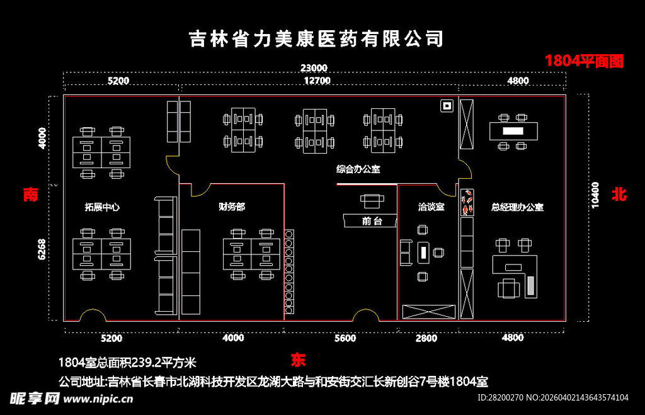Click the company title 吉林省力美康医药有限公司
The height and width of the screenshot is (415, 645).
coord(317,39)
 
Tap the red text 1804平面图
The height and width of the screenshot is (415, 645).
coord(584,61)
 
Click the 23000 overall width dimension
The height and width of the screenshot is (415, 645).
coord(313,68)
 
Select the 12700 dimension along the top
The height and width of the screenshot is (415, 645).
coord(316,81)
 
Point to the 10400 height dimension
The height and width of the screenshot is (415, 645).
coord(596,195)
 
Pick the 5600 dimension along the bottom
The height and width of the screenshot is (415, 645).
coord(345,338)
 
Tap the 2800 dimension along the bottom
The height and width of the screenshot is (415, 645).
coord(426,338)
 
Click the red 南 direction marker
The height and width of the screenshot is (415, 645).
coord(30,195)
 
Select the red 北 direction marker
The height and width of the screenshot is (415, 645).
coord(619,195)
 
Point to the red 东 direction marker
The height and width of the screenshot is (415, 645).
coord(298,360)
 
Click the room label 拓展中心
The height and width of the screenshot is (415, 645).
coord(102,207)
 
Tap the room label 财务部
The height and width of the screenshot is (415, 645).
coord(231,207)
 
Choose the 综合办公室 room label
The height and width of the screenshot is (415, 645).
coord(358,169)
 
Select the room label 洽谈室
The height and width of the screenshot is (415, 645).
coord(431,207)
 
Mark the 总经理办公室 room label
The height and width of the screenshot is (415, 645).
coord(517,207)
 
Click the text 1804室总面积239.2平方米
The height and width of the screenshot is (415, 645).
coord(127,363)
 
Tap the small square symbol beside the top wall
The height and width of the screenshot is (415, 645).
coord(447,106)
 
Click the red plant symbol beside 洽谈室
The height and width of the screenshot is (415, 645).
coord(467,203)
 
